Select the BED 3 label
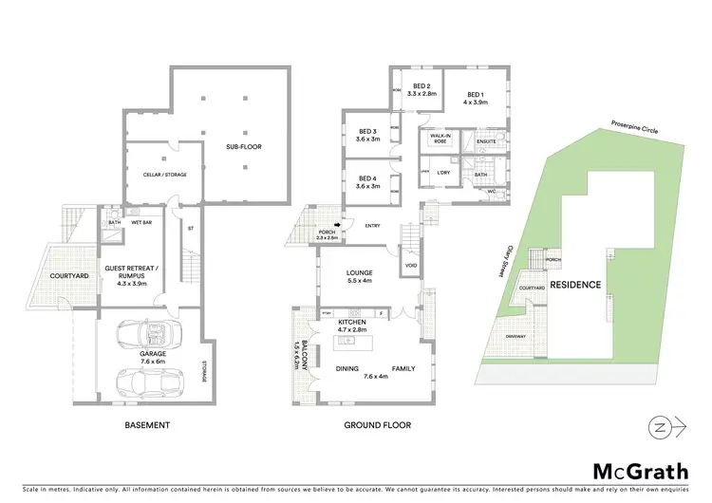coord(368,134)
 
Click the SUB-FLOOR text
coord(244,147)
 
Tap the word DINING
coord(347,368)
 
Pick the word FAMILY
coord(403,368)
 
